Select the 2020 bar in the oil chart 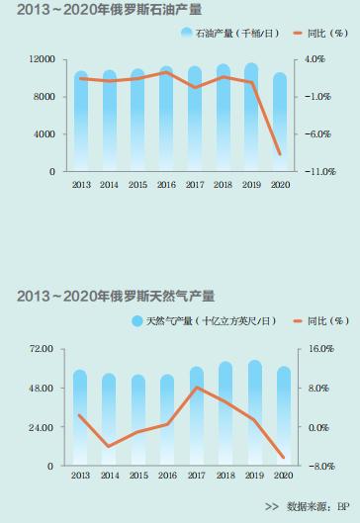click(x=280, y=123)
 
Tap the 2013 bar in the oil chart click(x=80, y=122)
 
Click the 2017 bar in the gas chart click(x=196, y=416)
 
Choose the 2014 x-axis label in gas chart click(x=109, y=477)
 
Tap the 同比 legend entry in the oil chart click(x=316, y=34)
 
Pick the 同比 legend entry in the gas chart click(x=316, y=320)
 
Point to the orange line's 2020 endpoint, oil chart click(x=281, y=154)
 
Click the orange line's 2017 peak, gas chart click(x=196, y=388)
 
